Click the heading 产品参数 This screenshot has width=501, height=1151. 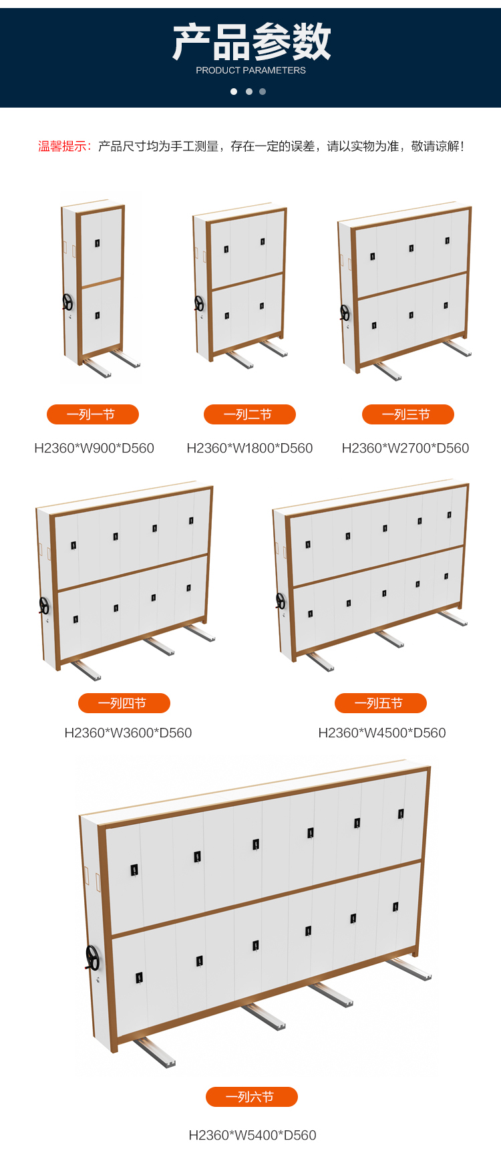coord(251,41)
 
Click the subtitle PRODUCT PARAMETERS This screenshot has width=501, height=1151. coord(251,70)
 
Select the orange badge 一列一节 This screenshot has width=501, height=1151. coord(93,414)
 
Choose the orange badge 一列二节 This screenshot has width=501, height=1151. coord(250,414)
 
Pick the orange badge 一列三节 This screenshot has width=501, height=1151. coord(408,414)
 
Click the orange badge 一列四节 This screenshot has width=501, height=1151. coord(124,703)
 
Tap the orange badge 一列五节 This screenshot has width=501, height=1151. coord(381,703)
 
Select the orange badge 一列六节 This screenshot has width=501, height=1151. coord(252,1097)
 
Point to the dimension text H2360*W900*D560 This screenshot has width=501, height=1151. coord(94,448)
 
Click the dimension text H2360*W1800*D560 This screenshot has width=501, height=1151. coord(250,448)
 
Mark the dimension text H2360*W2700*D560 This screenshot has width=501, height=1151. coord(405,448)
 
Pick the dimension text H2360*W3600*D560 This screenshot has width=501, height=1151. coord(128,733)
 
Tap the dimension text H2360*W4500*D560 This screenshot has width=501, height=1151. coord(382,733)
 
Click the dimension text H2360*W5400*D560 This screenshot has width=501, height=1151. coord(253,1135)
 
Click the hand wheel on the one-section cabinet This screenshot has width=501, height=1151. coord(67,303)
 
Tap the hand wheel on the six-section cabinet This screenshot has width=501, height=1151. coord(92,958)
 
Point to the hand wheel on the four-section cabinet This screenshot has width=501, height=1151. coord(44,606)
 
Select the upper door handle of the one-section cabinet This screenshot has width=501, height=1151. coord(97,243)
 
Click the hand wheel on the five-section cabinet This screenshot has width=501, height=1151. coord(281,601)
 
